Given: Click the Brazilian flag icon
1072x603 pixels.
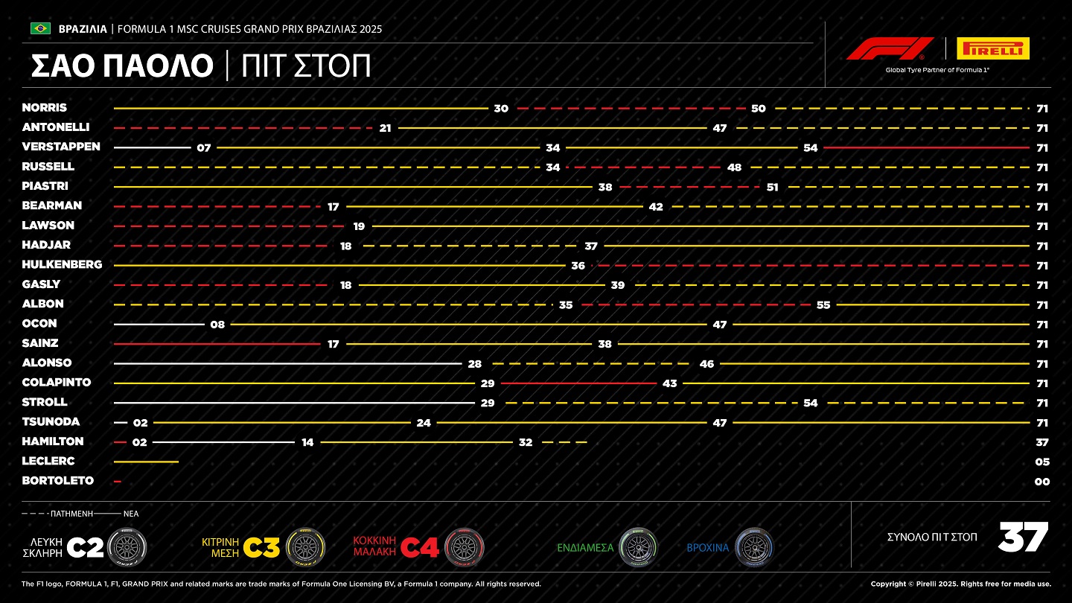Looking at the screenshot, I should click(x=40, y=28).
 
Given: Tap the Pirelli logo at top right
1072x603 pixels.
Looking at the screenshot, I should click(x=992, y=49).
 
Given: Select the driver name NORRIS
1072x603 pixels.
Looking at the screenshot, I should click(x=45, y=108).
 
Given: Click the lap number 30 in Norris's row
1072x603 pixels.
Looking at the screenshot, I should click(x=501, y=109).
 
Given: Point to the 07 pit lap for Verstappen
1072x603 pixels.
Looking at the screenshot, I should click(x=204, y=148).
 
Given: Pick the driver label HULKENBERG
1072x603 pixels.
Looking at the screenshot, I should click(x=62, y=264).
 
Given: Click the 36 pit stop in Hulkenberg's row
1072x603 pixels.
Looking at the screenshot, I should click(x=578, y=266).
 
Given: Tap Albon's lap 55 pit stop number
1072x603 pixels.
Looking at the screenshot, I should click(x=823, y=304).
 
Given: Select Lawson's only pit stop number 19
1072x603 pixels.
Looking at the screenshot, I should click(x=360, y=226).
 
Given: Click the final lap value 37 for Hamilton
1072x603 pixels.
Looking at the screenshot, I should click(x=1042, y=442).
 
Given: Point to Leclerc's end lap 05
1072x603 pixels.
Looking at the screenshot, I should click(x=1042, y=462).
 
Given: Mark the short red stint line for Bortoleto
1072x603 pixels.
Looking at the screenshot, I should click(x=118, y=482).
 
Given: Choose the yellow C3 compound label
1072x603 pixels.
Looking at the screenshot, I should click(x=263, y=548).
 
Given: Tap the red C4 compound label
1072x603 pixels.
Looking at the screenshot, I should click(x=420, y=548).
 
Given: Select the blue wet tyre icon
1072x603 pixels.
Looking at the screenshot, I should click(x=755, y=547).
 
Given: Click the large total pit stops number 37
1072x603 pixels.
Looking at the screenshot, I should click(x=1023, y=537).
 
